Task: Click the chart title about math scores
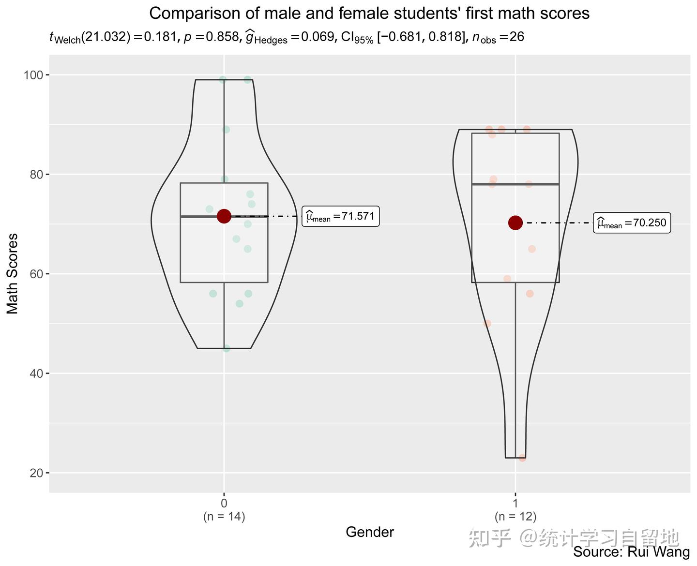[369, 13]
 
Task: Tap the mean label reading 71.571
[341, 217]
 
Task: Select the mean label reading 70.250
[632, 223]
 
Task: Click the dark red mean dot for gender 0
[224, 216]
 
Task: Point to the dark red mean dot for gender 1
[515, 223]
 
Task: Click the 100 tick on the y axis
[37, 75]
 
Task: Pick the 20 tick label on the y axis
[37, 473]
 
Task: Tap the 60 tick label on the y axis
[37, 274]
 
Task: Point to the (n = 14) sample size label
[224, 516]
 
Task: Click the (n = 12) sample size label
[515, 516]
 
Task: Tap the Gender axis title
[370, 532]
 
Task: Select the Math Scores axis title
[13, 274]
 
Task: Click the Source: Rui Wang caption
[632, 552]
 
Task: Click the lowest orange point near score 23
[522, 458]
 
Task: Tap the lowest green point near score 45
[227, 348]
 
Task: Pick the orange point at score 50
[487, 323]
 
